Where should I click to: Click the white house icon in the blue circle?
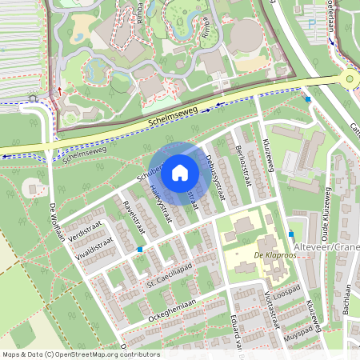coord(180,172)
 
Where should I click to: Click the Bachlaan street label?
coord(350,302)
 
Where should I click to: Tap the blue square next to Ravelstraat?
coord(140,249)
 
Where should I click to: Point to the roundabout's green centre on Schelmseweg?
coord(349,78)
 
